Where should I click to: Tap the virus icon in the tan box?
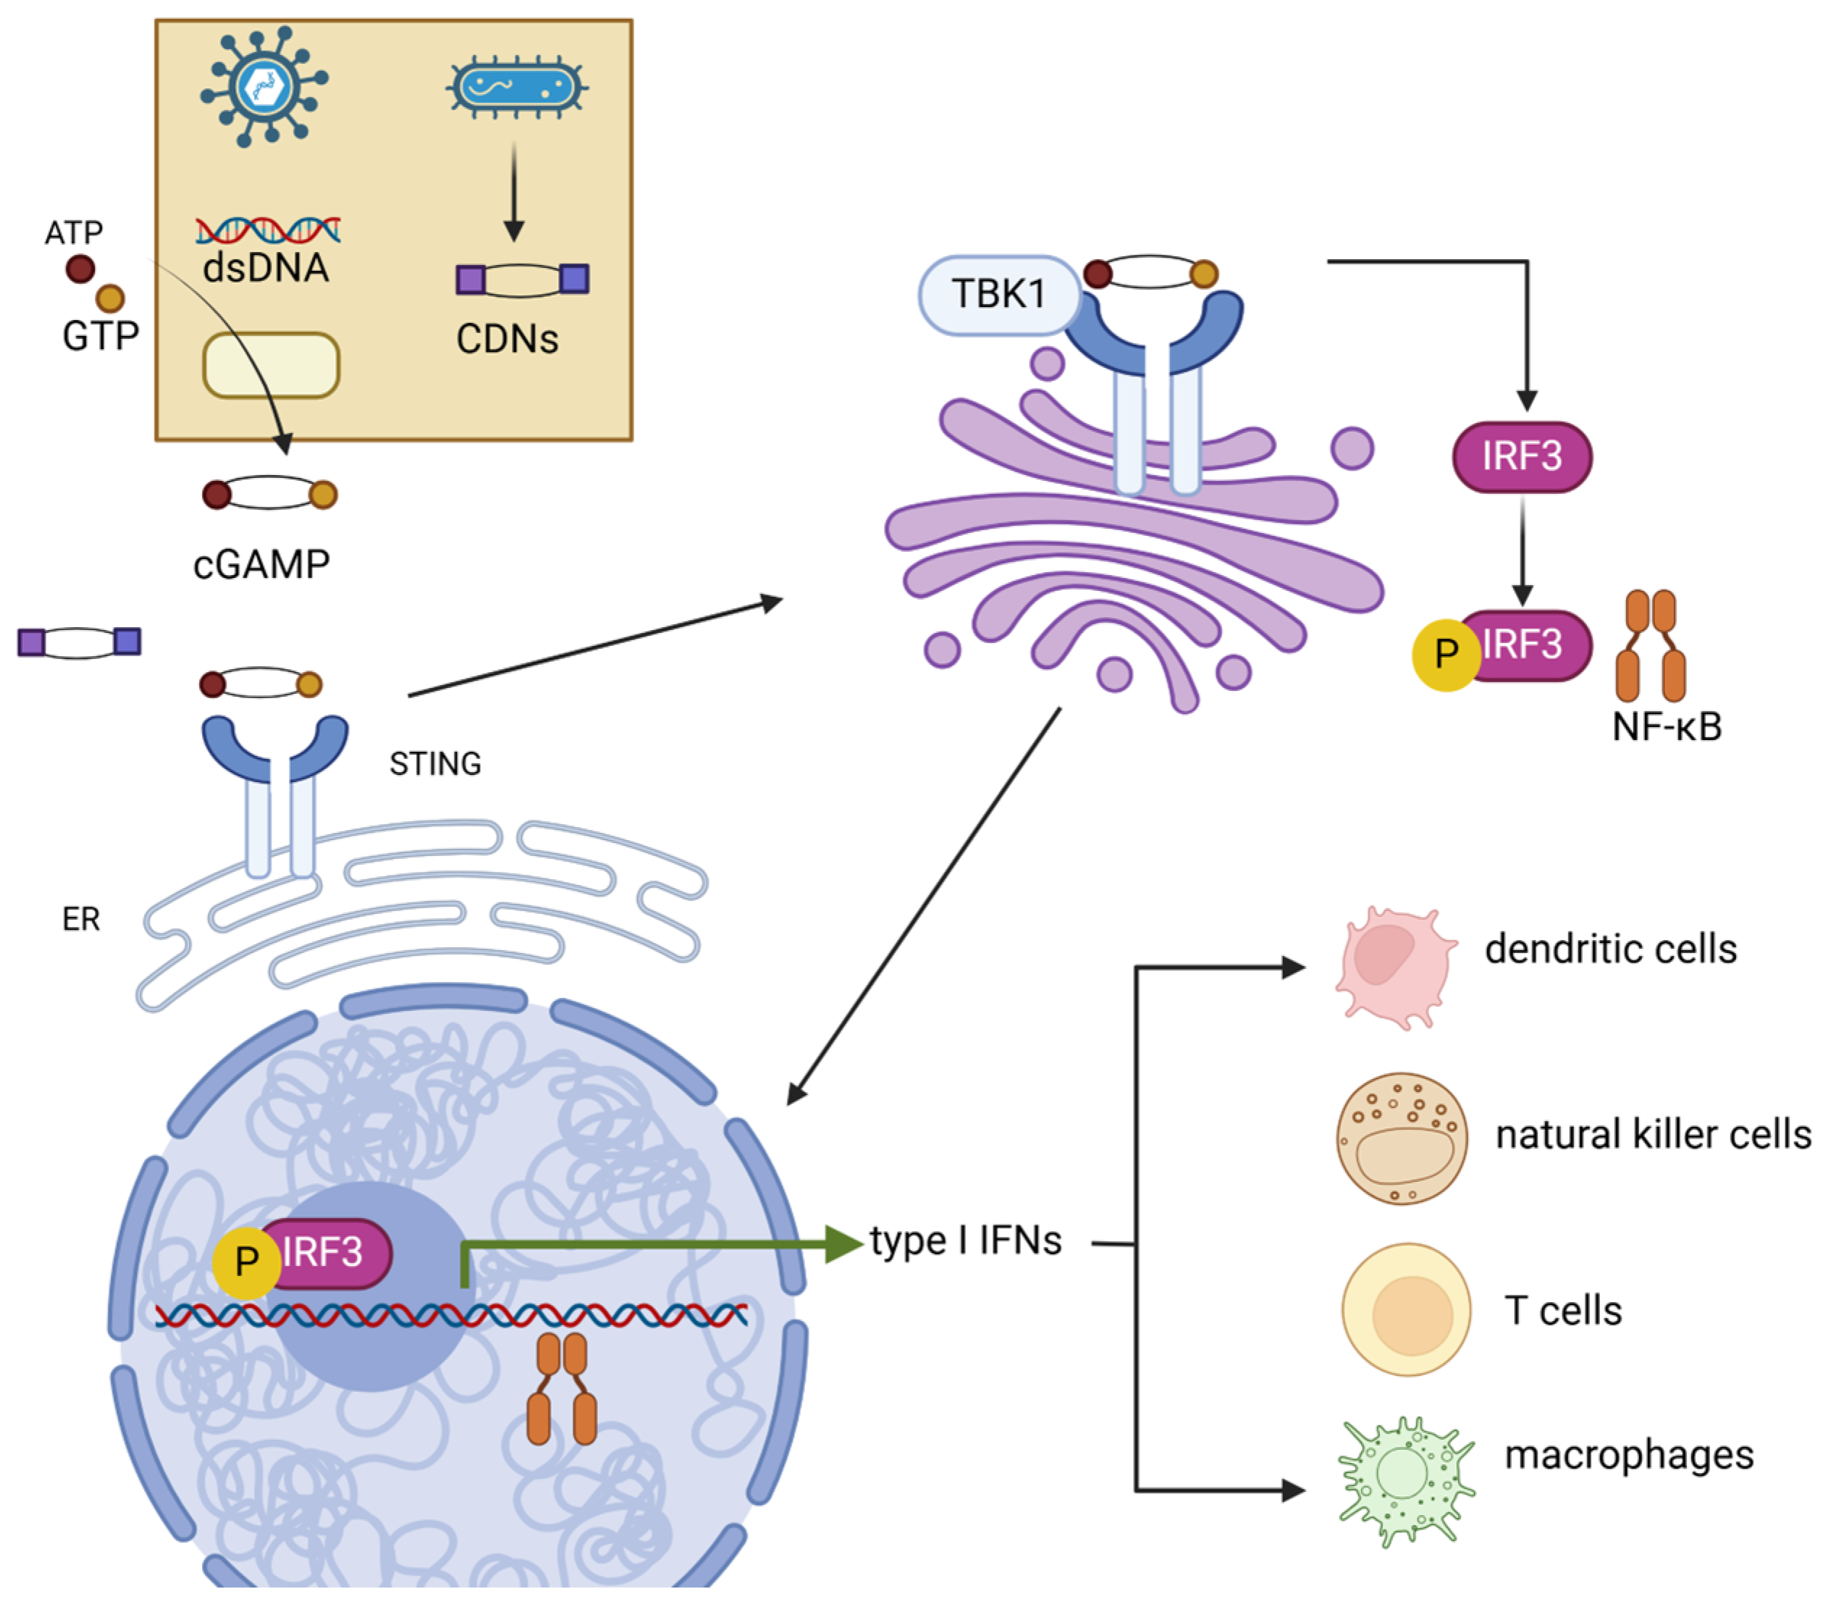pyautogui.click(x=264, y=87)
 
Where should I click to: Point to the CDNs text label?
pyautogui.click(x=507, y=339)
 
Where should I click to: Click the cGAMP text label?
pyautogui.click(x=261, y=565)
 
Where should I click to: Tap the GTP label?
pyautogui.click(x=100, y=336)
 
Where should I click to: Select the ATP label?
pyautogui.click(x=74, y=233)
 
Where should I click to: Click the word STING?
pyautogui.click(x=435, y=764)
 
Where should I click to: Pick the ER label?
pyautogui.click(x=81, y=919)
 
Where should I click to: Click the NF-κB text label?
pyautogui.click(x=1666, y=727)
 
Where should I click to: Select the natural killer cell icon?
pyautogui.click(x=1401, y=1138)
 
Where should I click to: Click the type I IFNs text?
pyautogui.click(x=966, y=1241)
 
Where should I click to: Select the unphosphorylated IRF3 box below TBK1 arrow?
pyautogui.click(x=1522, y=457)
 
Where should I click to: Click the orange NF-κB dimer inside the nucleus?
pyautogui.click(x=561, y=1388)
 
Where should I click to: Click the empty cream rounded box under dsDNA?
pyautogui.click(x=271, y=365)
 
